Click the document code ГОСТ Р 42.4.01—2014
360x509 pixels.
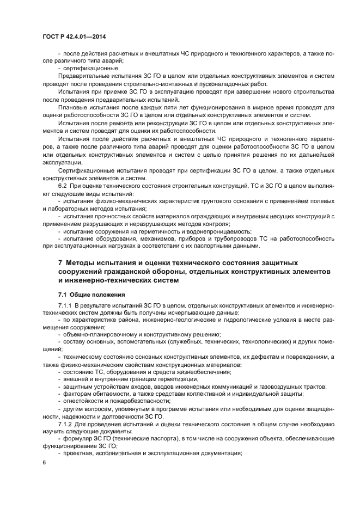point(74,36)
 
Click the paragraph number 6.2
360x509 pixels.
point(64,186)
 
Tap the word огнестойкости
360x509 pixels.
point(83,400)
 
